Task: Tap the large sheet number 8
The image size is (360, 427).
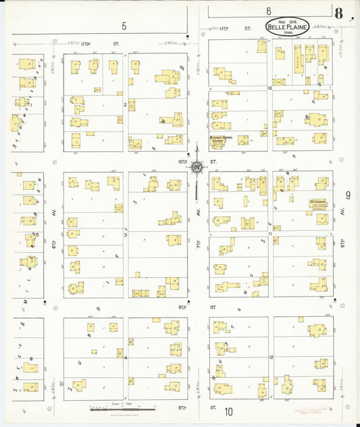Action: pos(338,13)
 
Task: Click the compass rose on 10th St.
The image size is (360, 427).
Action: pos(197,167)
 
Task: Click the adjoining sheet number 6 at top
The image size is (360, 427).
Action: pos(268,11)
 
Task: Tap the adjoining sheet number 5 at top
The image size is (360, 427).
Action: pos(124,26)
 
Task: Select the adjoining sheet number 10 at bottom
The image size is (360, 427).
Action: pos(229,411)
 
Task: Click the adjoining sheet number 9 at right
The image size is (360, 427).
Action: pos(348,195)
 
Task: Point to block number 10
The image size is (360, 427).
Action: pos(269,88)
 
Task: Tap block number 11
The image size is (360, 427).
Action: pos(269,234)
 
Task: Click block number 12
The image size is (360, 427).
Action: pos(269,356)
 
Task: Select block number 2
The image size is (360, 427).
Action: pos(125,105)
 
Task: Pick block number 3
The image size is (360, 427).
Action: pos(125,235)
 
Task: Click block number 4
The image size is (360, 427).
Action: pos(125,357)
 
